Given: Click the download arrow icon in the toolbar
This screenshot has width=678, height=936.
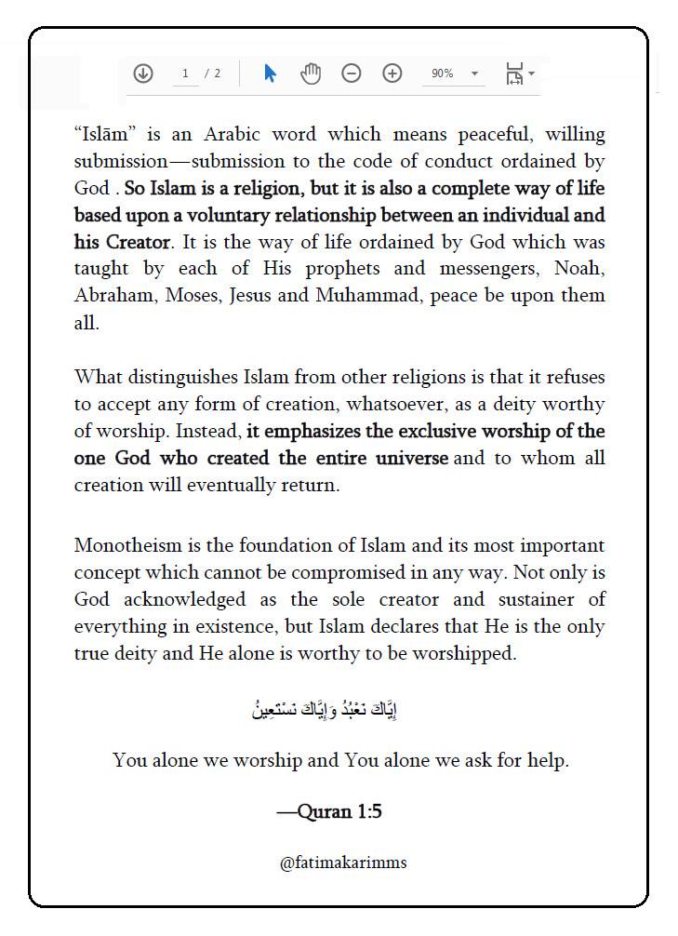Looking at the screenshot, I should tap(143, 74).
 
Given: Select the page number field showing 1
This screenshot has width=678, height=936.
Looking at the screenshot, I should tap(186, 74).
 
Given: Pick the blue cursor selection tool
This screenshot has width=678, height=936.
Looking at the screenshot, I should tap(270, 74).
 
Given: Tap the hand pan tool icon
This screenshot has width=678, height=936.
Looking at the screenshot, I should tap(311, 74).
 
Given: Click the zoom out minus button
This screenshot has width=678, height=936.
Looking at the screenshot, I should tap(352, 74).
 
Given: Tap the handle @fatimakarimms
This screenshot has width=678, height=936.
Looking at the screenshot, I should tap(343, 862).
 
